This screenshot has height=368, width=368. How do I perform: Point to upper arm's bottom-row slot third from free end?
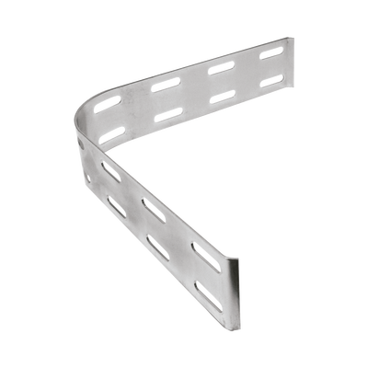click(172, 114)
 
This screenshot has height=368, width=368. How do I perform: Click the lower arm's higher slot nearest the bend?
click(110, 172)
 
